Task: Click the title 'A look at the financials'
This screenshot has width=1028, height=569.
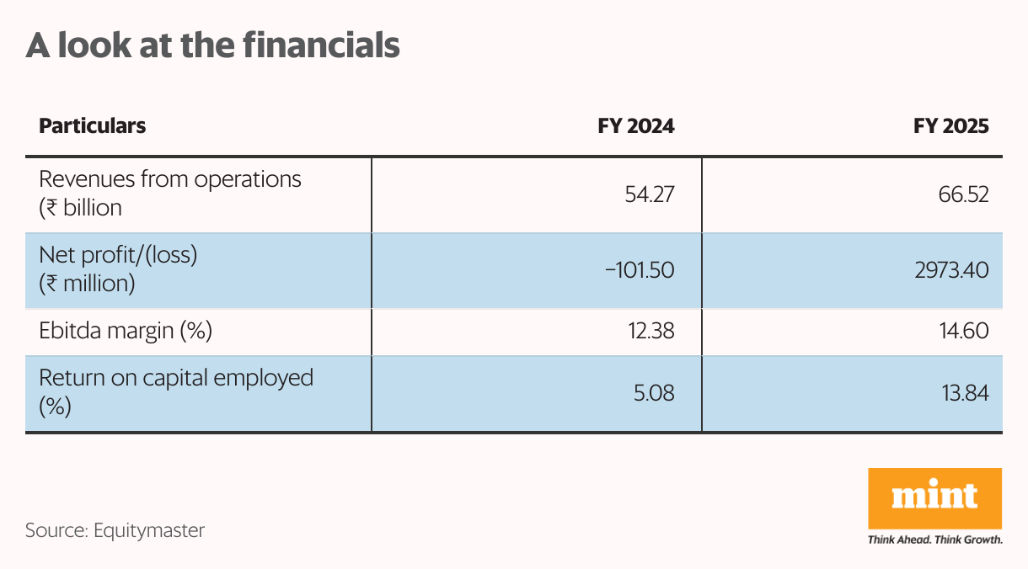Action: tap(212, 45)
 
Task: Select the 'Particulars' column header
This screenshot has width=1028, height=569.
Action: tap(93, 126)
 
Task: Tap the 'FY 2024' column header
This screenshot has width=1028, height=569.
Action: tap(636, 126)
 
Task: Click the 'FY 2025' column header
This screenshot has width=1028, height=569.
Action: tap(951, 126)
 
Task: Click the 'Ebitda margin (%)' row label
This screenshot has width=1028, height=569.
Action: tap(126, 331)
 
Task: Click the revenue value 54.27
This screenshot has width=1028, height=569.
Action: tap(649, 195)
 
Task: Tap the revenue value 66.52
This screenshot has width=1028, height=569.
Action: tap(962, 195)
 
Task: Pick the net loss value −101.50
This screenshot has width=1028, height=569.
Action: tap(640, 270)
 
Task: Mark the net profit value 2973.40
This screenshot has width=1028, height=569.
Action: tap(951, 270)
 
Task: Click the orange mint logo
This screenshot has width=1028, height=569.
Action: tap(934, 497)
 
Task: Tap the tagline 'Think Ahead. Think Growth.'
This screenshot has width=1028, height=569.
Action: tap(934, 540)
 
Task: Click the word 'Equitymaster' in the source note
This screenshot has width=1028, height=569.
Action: tap(149, 531)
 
